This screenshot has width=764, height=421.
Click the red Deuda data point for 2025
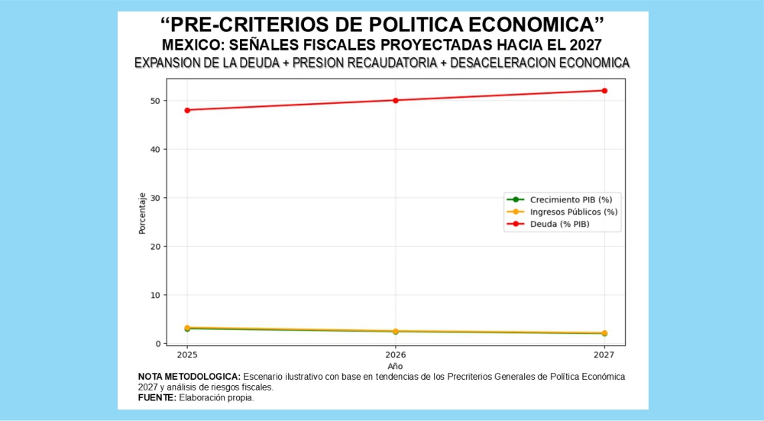coord(187,110)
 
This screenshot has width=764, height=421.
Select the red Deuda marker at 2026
coord(396,100)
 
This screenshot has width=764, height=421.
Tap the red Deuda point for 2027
coord(604,91)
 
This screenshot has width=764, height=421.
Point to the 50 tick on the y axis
coord(155,101)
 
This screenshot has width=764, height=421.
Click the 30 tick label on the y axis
coord(155,198)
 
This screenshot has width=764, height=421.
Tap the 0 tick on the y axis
coord(157,344)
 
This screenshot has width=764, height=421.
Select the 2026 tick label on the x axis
coord(396,355)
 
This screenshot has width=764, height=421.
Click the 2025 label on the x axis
coord(187,355)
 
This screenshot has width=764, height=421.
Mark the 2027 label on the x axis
coord(604,355)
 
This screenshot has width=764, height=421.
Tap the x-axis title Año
coord(395,367)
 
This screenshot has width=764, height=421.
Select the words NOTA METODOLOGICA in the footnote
coord(189,377)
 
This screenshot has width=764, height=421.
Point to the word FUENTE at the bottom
coord(156,397)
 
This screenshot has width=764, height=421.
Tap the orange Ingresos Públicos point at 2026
coord(396,331)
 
